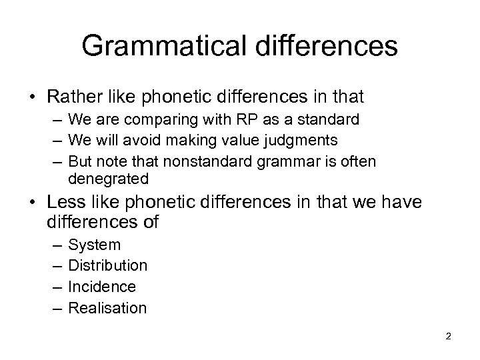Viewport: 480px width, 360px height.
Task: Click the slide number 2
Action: (449, 336)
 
